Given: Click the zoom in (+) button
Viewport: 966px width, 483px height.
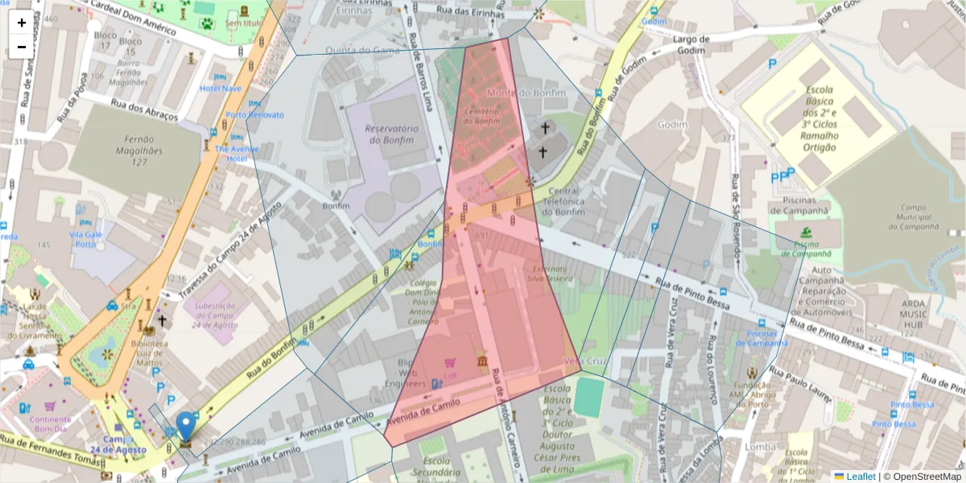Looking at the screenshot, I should tap(22, 23).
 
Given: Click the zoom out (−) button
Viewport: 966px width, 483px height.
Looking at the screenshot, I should tap(22, 47).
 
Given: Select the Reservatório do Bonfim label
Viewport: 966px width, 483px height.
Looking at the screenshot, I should tap(392, 134).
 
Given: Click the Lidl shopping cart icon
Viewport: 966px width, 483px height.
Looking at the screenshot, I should tap(448, 362).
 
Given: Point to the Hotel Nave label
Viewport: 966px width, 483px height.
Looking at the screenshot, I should tap(220, 89).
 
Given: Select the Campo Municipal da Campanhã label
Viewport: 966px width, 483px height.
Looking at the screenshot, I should tap(913, 216).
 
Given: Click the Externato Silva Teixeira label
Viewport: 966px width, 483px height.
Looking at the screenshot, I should tap(550, 273).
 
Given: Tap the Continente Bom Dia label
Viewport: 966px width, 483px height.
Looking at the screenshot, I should tap(51, 423).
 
